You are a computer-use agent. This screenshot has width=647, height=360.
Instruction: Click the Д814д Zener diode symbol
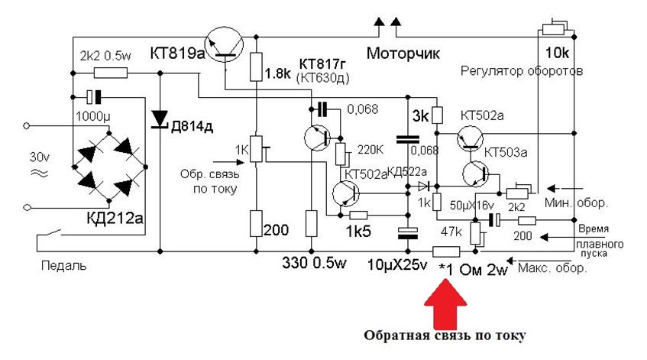click(160, 119)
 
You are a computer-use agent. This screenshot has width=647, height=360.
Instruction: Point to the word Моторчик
click(404, 54)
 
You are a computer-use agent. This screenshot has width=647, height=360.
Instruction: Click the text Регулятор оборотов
click(522, 71)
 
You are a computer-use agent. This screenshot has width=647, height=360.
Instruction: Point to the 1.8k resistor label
click(277, 75)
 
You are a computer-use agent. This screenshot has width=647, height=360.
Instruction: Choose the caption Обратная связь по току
click(446, 336)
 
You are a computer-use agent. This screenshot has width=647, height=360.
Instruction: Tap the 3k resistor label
click(419, 116)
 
